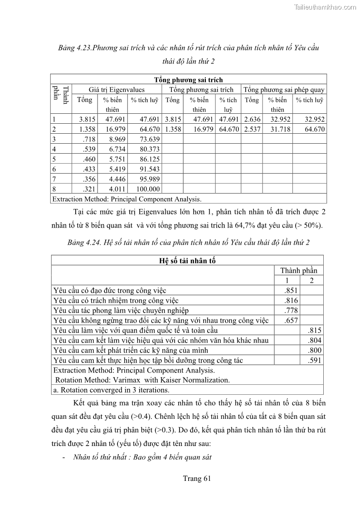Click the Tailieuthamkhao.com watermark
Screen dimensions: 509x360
[x=325, y=7]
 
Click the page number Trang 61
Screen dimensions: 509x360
[x=197, y=478]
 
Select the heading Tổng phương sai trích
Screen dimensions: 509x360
[x=188, y=80]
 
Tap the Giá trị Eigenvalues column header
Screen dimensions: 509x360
[x=117, y=90]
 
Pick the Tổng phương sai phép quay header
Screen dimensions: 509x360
[x=284, y=90]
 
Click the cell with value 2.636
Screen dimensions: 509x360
[x=252, y=120]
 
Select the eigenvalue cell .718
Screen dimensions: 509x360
[x=87, y=139]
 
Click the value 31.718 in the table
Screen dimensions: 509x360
[x=277, y=129]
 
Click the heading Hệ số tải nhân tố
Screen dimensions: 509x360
[x=187, y=261]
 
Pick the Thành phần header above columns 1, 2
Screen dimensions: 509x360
[x=299, y=271]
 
